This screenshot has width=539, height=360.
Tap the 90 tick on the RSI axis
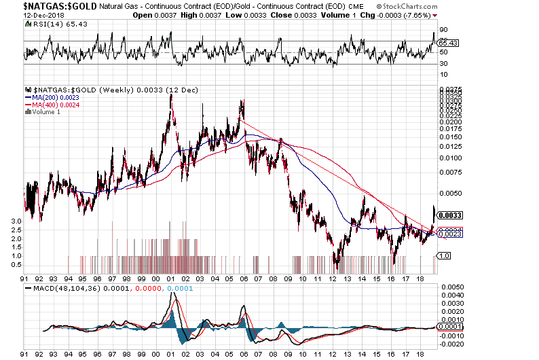444,30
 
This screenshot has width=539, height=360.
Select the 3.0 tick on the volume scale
16,221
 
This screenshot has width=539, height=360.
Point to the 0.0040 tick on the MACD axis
452,295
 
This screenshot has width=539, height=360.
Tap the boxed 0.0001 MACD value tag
451,327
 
